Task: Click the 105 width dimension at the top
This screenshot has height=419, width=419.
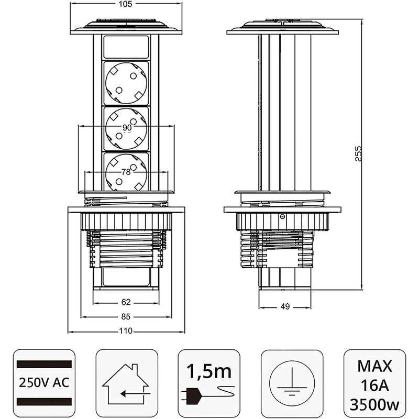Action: (126, 4)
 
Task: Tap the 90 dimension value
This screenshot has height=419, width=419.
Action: (127, 128)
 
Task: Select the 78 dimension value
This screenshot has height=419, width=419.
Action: (126, 172)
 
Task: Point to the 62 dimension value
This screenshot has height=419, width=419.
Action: (126, 302)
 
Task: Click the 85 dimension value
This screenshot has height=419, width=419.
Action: (126, 316)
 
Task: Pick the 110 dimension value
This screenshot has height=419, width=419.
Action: (126, 330)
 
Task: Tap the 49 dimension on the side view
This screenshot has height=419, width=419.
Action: (285, 307)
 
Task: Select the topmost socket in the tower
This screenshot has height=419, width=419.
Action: (126, 83)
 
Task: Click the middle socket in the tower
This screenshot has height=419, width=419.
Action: (126, 129)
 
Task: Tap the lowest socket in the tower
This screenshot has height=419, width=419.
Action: (126, 172)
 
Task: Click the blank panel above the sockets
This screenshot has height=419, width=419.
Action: (126, 47)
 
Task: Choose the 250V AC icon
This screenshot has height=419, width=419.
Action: (44, 380)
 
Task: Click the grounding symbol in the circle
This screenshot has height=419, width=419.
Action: (292, 381)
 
